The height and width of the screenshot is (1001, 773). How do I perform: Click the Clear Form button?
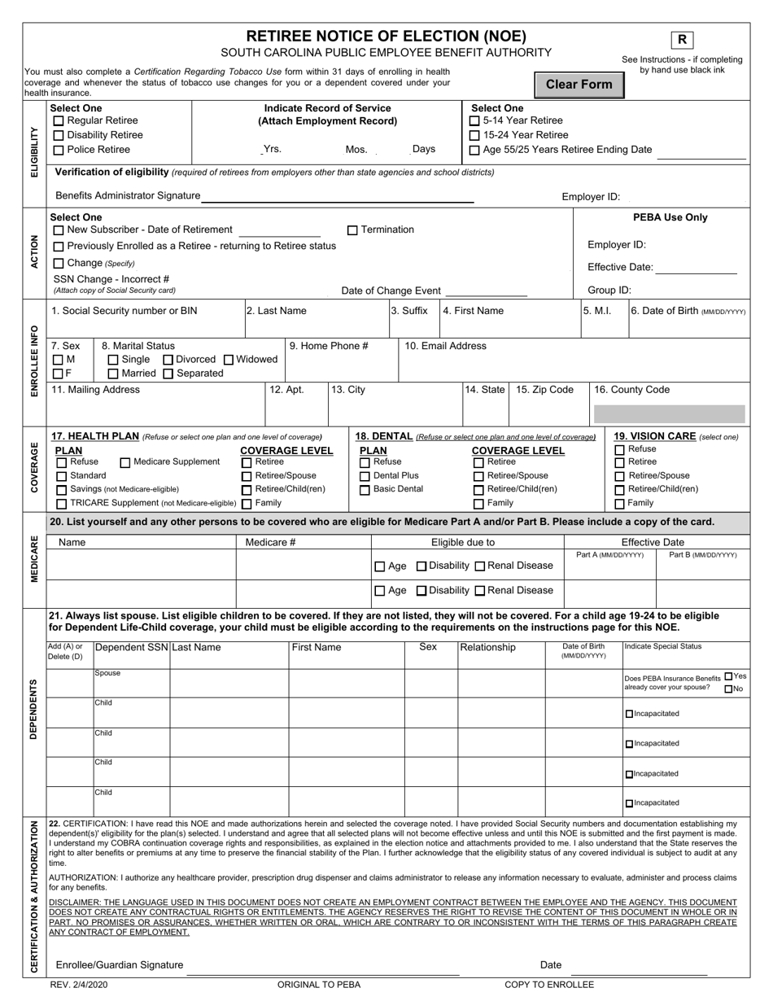coord(579,85)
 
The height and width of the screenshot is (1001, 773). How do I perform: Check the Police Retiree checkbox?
coord(59,150)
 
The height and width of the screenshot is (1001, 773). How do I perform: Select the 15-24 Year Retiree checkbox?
coord(474,135)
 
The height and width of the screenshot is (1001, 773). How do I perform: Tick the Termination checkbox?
coord(352,230)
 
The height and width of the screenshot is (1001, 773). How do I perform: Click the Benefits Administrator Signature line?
coord(337,196)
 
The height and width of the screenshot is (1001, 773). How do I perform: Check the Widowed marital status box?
coord(229,360)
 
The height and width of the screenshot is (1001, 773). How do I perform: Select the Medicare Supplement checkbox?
coord(125,462)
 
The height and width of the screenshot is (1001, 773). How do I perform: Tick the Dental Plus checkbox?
coord(365,476)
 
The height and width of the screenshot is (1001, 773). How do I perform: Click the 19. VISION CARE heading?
coord(655,436)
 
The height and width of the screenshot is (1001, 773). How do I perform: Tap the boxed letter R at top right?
coord(682,40)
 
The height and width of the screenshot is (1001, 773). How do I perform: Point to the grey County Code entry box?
coord(669,413)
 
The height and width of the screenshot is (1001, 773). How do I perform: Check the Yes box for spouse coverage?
coord(728,676)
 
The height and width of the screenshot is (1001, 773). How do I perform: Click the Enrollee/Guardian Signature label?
coord(119,964)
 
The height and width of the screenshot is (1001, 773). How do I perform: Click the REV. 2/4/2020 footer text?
coord(78,985)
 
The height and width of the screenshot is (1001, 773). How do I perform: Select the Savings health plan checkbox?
coord(61,490)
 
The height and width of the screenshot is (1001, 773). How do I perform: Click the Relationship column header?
coord(488,648)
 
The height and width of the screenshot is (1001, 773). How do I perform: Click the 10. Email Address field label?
coord(445,346)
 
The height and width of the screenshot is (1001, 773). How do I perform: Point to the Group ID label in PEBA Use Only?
coord(609,290)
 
